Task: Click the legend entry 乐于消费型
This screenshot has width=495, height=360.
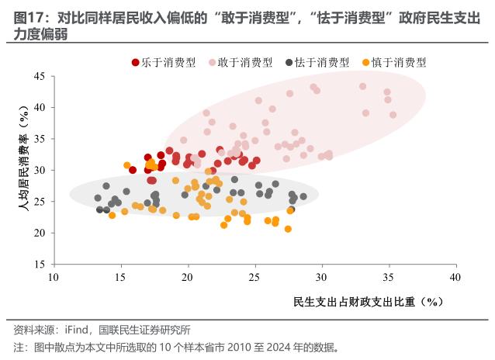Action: pyautogui.click(x=168, y=62)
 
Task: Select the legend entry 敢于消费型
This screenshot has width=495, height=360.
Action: pyautogui.click(x=244, y=62)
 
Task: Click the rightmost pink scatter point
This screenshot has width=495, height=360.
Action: pyautogui.click(x=393, y=115)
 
